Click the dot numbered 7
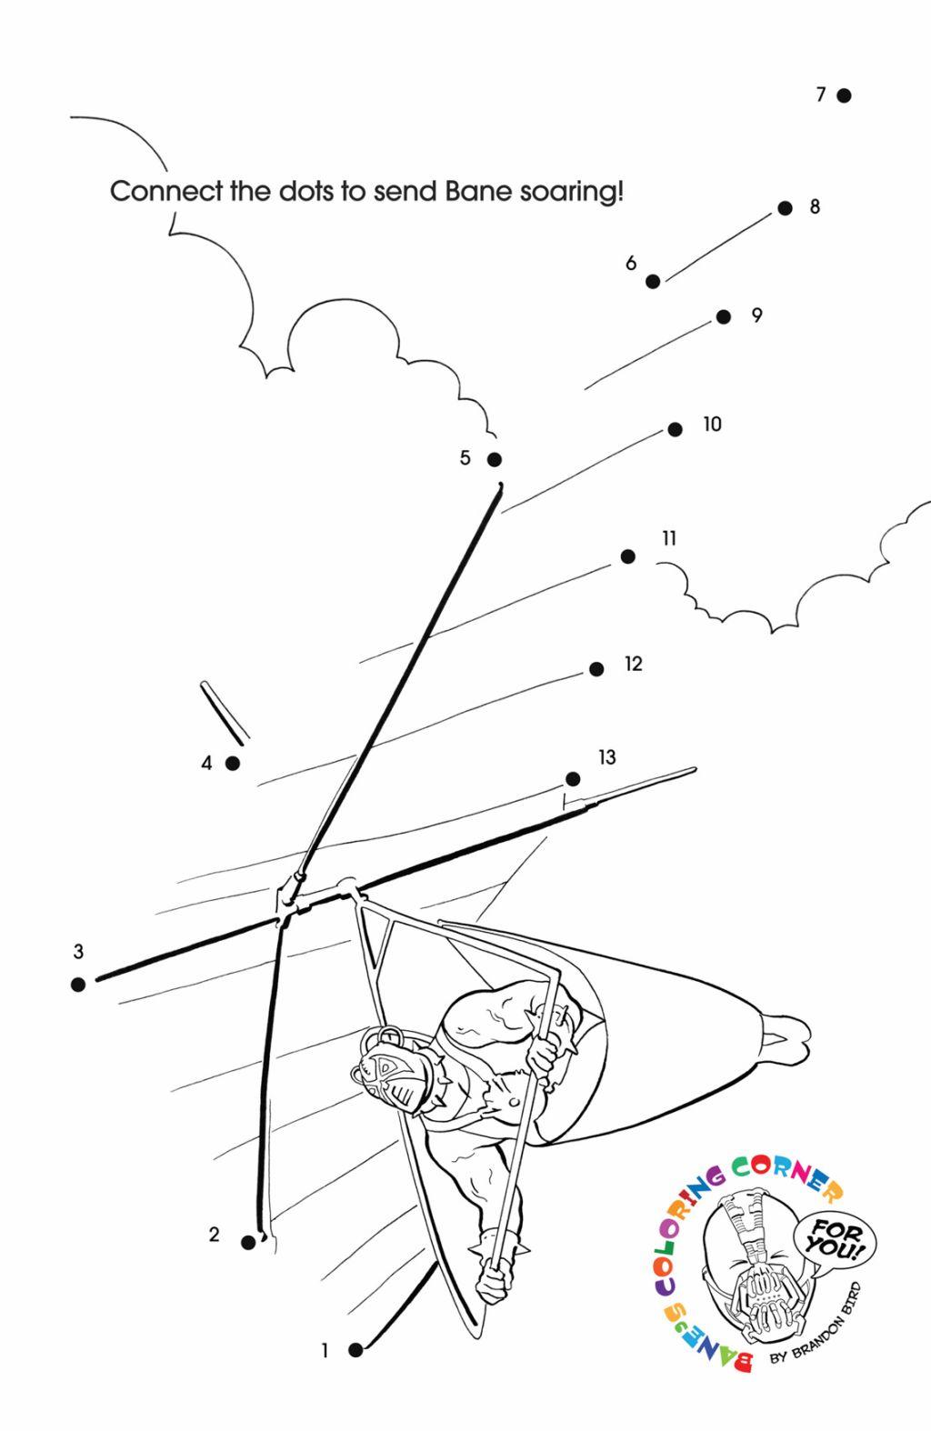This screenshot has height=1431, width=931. pos(844,95)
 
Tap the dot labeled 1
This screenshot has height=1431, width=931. pos(355,1350)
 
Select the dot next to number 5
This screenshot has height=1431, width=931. pos(495,459)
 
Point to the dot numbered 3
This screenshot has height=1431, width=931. pos(78,984)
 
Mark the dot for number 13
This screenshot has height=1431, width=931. pos(573,779)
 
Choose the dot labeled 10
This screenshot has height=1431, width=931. pos(675,429)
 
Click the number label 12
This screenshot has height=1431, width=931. pos(633,664)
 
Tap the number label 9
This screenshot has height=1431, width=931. pos(756,315)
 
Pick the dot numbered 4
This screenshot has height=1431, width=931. pos(233,763)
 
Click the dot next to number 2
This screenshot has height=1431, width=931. pos(248,1242)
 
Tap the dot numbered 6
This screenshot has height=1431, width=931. pos(653,282)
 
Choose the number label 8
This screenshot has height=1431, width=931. pos(815,206)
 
